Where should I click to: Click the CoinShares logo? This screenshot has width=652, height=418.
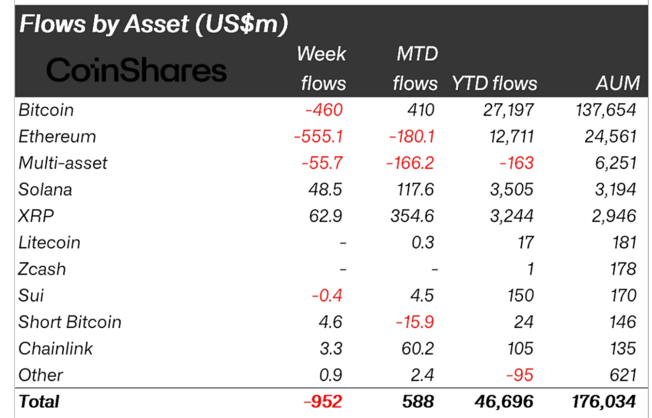136,70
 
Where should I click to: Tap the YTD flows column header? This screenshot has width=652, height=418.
494,83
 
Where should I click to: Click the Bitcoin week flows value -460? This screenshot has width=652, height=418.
324,110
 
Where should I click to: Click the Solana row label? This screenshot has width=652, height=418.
45,189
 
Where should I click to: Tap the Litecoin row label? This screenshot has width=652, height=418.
49,242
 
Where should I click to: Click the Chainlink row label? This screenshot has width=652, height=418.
55,349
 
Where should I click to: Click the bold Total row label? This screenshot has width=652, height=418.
39,402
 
